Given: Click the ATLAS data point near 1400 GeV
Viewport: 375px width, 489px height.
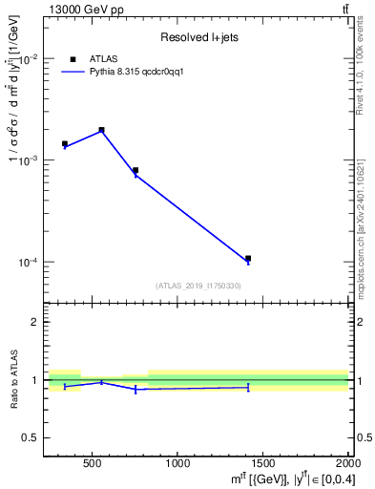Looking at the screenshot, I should pos(248,258).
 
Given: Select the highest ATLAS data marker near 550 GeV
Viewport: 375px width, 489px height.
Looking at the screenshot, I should pos(101,130).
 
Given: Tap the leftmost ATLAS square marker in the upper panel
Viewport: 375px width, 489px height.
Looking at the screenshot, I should pos(65,143).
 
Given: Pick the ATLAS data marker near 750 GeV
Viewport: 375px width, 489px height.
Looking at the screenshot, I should pos(135,170).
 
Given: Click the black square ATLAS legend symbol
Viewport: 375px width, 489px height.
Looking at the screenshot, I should pos(73,58).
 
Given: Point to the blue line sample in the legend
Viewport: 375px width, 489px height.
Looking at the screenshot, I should pos(73,71).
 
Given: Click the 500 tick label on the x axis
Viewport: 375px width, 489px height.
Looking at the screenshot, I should pos(93,464).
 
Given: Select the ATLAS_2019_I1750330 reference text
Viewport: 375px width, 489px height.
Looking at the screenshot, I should pos(198,286).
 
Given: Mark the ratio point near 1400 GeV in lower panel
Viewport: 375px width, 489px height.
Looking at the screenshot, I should pos(248,387).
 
